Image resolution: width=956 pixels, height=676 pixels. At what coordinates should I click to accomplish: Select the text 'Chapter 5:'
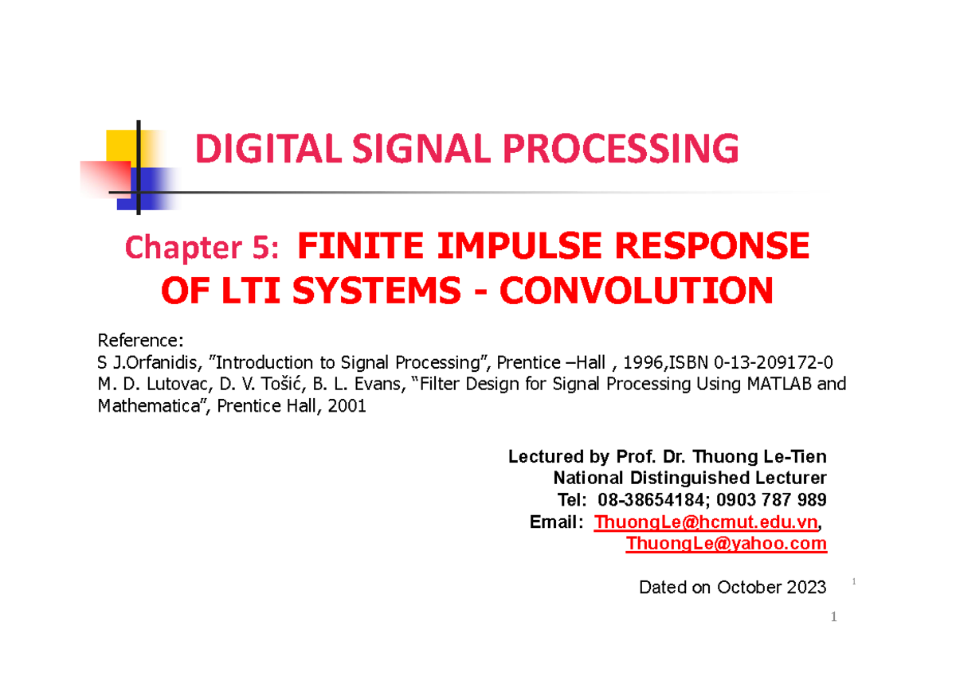point(202,249)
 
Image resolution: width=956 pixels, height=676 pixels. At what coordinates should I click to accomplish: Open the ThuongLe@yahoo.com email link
point(726,544)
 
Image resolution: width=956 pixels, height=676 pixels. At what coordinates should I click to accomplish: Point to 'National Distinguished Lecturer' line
point(689,479)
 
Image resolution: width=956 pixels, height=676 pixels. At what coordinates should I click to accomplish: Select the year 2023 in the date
point(805,588)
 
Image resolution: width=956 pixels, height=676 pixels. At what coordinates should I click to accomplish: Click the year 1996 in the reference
point(642,363)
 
